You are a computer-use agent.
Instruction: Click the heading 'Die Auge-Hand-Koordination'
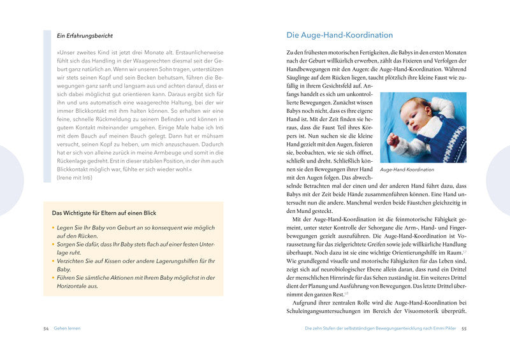pos(340,35)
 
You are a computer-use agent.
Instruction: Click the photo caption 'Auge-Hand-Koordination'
pos(407,170)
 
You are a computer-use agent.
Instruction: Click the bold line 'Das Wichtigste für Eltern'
pos(104,213)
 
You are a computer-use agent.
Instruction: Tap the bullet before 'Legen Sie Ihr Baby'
pos(54,227)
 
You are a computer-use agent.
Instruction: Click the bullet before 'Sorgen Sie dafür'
pos(54,245)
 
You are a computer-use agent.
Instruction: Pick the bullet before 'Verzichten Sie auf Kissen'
pos(54,261)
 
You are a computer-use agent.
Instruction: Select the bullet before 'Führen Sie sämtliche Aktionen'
pos(54,278)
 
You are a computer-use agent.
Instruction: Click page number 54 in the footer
pos(46,328)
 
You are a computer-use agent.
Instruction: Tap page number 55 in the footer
pos(465,328)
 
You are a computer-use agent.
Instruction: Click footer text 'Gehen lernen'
pos(67,328)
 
